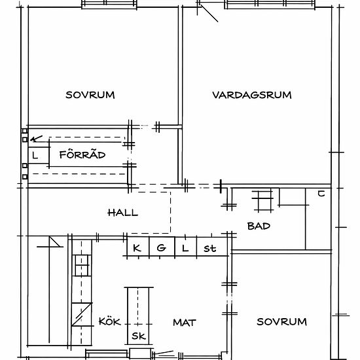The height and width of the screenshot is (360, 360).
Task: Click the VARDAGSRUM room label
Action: [x=252, y=95]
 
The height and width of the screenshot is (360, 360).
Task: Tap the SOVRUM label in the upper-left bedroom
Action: [x=90, y=95]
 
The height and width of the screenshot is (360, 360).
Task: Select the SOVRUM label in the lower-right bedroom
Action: [x=281, y=321]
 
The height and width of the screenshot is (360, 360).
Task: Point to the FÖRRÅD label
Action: [x=82, y=154]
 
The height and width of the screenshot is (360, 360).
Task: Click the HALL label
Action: [x=123, y=213]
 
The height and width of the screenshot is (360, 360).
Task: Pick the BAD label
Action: [x=259, y=226]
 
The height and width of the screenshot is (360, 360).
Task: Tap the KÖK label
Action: [x=110, y=321]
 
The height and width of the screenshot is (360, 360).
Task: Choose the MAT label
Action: [x=185, y=323]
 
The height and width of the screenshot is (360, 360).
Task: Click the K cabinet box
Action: [x=138, y=247]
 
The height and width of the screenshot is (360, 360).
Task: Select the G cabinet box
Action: [x=162, y=247]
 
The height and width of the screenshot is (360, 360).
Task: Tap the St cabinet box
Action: [x=212, y=247]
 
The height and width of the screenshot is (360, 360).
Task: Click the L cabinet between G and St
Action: [x=186, y=247]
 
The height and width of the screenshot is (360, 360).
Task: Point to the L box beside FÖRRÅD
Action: [x=39, y=155]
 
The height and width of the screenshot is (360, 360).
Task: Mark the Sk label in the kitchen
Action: [x=139, y=336]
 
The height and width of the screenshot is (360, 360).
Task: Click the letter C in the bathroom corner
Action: [x=321, y=194]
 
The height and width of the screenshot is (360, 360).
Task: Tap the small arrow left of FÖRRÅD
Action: [x=36, y=139]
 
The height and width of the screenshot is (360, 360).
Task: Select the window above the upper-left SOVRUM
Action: [x=109, y=5]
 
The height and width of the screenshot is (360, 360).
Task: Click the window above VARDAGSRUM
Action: [x=270, y=5]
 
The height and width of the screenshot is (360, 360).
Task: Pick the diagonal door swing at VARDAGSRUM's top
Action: [x=209, y=14]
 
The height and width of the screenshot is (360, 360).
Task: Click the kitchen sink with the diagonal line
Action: [x=82, y=314]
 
